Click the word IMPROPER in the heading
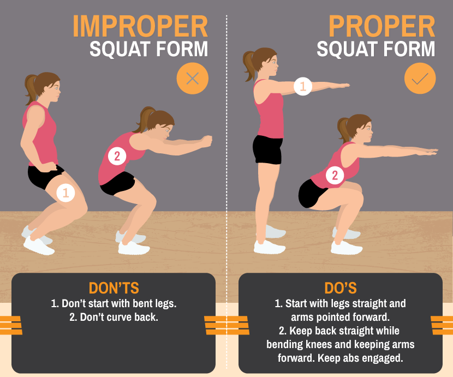140,26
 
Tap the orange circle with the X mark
192,79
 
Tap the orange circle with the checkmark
420,79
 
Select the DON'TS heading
114,288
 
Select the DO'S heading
340,288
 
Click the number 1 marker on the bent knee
65,192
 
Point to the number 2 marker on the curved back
116,157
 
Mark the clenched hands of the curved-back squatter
206,141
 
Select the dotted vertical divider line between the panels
226,164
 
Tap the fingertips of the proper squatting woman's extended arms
434,152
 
